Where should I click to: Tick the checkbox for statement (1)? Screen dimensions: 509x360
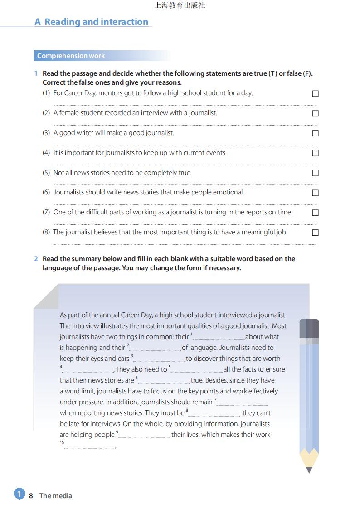click(316, 93)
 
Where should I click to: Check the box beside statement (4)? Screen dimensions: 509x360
click(316, 153)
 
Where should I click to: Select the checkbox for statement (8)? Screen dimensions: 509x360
click(316, 233)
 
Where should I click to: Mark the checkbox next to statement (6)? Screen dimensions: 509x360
click(316, 193)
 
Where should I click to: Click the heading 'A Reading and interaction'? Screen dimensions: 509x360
click(92, 22)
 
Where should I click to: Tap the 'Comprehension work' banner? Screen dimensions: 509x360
click(71, 56)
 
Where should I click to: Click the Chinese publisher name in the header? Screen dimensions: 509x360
click(180, 5)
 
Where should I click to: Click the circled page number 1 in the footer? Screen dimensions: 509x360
click(19, 494)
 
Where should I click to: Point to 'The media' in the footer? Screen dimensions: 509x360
click(55, 495)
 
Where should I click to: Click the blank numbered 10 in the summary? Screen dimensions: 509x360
click(90, 447)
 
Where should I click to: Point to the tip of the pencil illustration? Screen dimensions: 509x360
click(309, 470)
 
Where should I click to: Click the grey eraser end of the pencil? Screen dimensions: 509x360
click(309, 328)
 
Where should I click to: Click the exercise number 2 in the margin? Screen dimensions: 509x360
click(36, 259)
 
